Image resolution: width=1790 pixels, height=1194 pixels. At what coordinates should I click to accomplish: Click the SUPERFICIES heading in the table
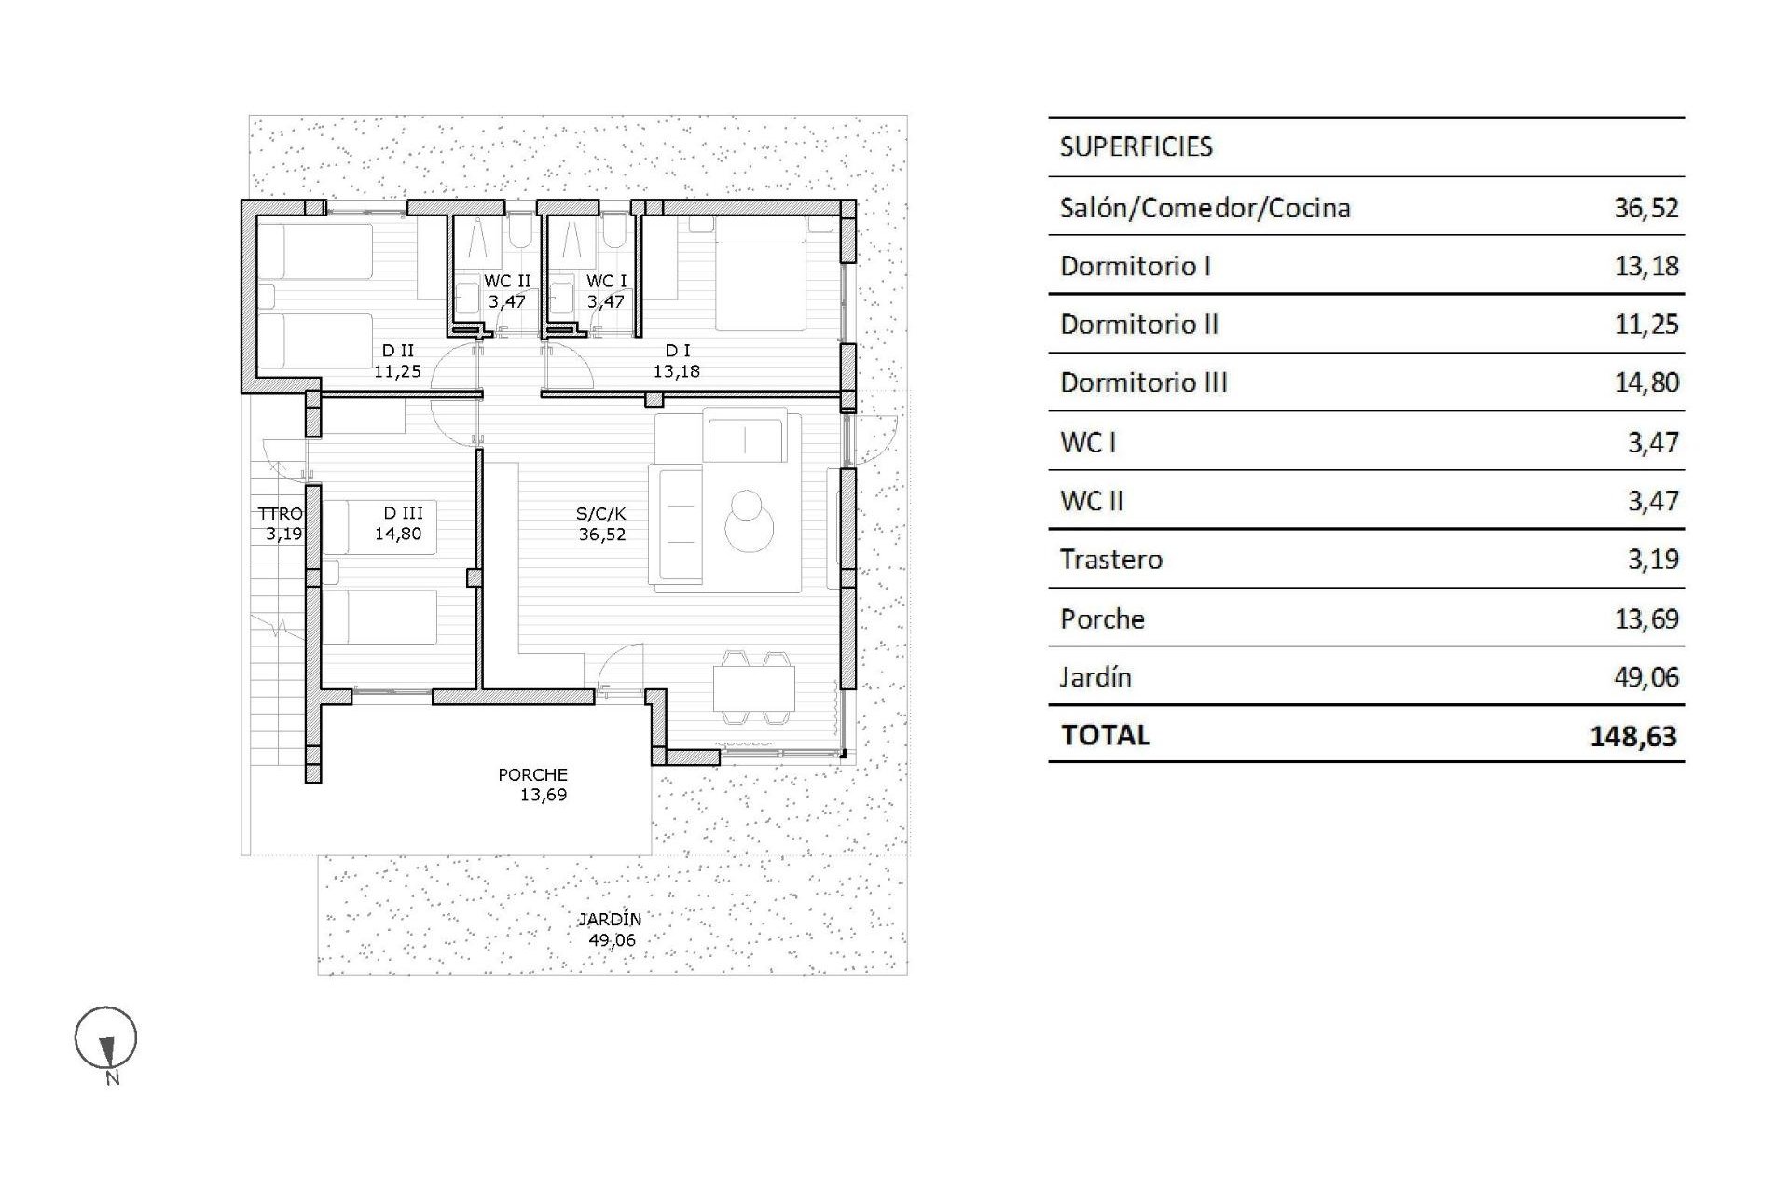click(1136, 146)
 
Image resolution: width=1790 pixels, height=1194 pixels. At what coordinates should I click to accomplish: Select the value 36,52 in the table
click(1645, 207)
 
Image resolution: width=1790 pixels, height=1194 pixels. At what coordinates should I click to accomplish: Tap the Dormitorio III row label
click(1143, 382)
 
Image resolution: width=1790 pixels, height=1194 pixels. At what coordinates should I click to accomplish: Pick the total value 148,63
click(1632, 736)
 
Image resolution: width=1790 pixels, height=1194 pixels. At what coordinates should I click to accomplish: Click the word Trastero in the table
click(1110, 560)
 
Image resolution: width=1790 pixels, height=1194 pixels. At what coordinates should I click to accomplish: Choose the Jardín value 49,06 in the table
click(1645, 677)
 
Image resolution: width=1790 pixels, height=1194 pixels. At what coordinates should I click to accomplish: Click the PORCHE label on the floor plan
click(532, 774)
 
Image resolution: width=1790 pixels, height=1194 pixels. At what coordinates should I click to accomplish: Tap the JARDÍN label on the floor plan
click(611, 919)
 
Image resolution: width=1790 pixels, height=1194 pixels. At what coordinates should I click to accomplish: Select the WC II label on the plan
click(507, 281)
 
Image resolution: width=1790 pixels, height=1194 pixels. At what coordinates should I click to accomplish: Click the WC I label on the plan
click(606, 281)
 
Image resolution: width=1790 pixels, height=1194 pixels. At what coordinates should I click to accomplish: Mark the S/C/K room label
click(601, 513)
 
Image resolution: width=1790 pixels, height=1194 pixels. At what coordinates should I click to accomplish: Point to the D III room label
click(403, 513)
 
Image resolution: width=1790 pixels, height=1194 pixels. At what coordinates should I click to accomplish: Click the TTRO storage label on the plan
click(280, 514)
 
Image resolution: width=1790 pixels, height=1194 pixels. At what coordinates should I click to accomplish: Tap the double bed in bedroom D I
click(760, 275)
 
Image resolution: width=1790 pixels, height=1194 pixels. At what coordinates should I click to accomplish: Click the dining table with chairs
click(754, 688)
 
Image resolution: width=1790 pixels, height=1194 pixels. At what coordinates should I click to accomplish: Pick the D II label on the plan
click(398, 351)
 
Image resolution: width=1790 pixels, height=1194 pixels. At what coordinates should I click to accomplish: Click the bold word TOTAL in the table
click(1105, 735)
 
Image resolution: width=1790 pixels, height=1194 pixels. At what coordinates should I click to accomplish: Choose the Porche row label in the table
click(1102, 619)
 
